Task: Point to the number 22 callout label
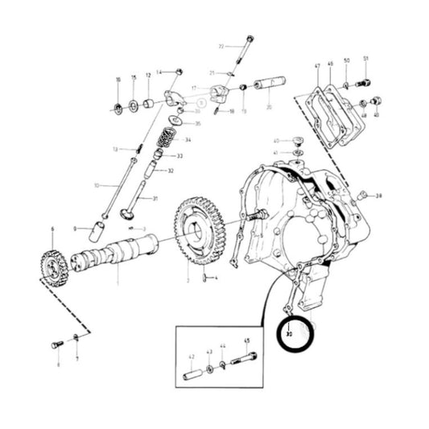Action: (221, 47)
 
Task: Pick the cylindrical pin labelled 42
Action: (194, 375)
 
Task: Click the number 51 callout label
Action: (365, 59)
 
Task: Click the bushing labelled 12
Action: (149, 104)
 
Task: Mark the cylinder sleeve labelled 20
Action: (265, 84)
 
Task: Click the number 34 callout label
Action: (188, 140)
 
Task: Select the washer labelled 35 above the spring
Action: (177, 123)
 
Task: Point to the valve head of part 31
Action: (125, 213)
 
